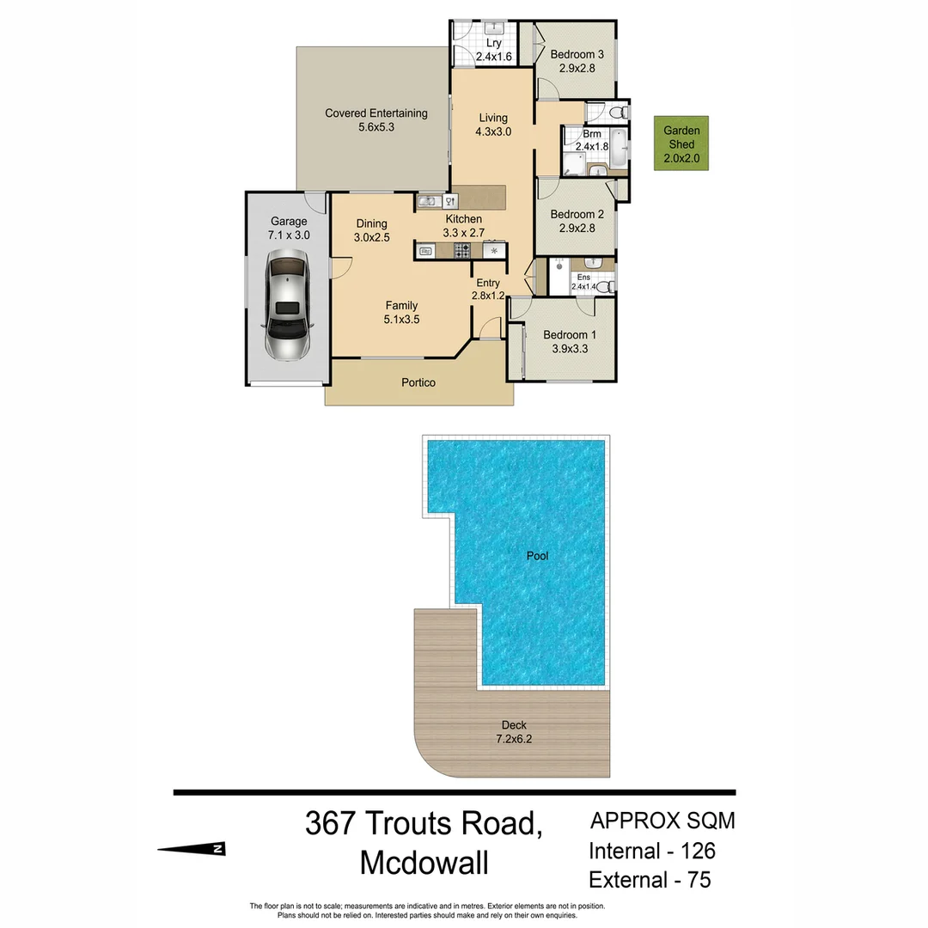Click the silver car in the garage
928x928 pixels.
coord(286,305)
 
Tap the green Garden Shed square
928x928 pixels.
coord(681,143)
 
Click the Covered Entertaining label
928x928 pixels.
coord(375,113)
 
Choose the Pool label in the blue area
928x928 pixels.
coord(537,556)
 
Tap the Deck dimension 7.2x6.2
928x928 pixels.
coord(514,739)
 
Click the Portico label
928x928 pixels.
coord(418,382)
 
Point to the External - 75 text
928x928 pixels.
coord(650,880)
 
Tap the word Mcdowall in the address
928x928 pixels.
coord(424,863)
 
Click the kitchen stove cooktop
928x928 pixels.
coord(461,251)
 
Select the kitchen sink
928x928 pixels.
coord(427,202)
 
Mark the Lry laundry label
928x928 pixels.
coord(493,43)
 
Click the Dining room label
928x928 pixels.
coord(371,223)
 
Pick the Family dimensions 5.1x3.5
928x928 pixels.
coord(401,319)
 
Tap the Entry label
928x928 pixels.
coord(487,283)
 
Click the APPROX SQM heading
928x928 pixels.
coord(662,821)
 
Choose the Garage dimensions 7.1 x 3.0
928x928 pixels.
coord(289,235)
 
